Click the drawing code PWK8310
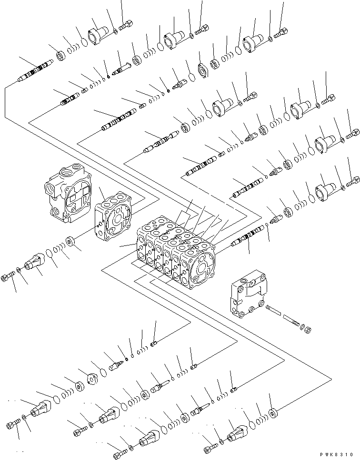pyautogui.click(x=339, y=454)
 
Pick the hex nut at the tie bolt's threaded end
pyautogui.click(x=308, y=329)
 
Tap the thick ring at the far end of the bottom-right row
pyautogui.click(x=273, y=412)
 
